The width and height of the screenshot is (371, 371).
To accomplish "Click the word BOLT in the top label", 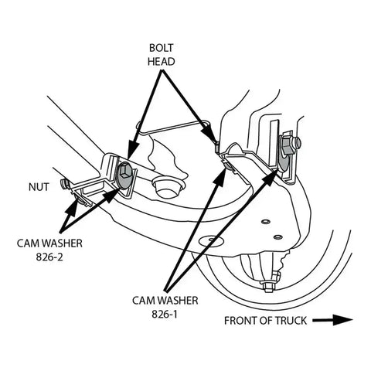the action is coord(162,48).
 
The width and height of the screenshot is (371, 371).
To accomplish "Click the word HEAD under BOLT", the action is coord(162,62).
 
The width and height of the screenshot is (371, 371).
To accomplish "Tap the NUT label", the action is coord(39,187).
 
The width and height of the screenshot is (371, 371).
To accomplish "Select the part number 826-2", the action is coord(49,257).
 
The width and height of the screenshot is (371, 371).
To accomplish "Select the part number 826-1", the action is coord(165,314).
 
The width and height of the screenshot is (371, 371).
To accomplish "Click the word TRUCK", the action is coord(291,321).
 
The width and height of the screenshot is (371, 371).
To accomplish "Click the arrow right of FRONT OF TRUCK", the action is coord(332,320).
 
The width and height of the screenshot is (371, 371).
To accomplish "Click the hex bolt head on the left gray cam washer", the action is coord(125,171).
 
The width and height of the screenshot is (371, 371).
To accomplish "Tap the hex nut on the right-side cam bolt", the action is coord(288,146).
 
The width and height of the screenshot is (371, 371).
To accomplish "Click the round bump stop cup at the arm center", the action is coord(167,186).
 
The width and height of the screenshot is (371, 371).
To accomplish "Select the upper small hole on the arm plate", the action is coord(265,221).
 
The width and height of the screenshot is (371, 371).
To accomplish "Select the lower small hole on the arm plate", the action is coord(277,237).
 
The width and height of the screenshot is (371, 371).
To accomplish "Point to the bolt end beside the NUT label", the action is coord(64,184).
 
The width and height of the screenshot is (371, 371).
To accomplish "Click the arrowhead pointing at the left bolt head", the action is coord(133,149).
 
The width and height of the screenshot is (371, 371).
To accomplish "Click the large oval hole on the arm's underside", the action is coord(210,240).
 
